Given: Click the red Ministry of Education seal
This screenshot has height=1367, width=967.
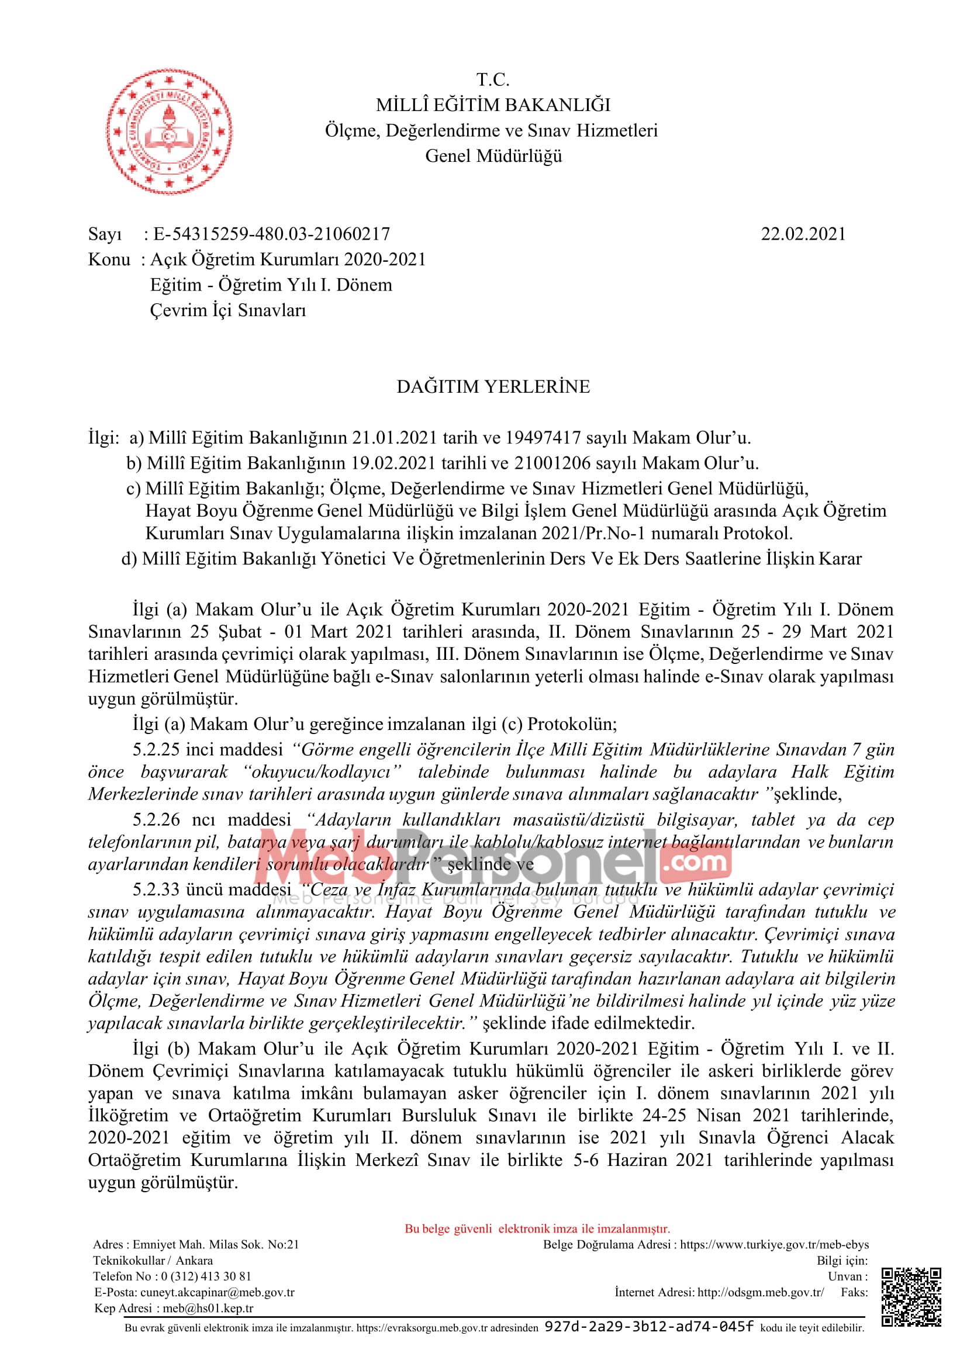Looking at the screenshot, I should [170, 131].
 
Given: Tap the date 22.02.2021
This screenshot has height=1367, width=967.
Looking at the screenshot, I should [803, 234].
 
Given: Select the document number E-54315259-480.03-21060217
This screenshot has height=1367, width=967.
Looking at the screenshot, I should [271, 234].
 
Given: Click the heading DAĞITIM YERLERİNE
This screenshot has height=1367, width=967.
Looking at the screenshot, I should [493, 387].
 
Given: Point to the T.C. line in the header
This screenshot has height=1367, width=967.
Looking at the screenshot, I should [493, 79].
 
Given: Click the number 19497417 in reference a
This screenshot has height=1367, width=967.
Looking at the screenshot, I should [543, 438].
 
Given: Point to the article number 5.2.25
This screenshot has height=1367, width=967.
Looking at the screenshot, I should [156, 750].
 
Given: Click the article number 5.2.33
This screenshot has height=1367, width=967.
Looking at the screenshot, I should [156, 890].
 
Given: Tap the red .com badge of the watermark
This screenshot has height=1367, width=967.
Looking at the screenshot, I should [695, 863].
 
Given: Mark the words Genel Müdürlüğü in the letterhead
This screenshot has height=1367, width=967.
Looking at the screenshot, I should [493, 156].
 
